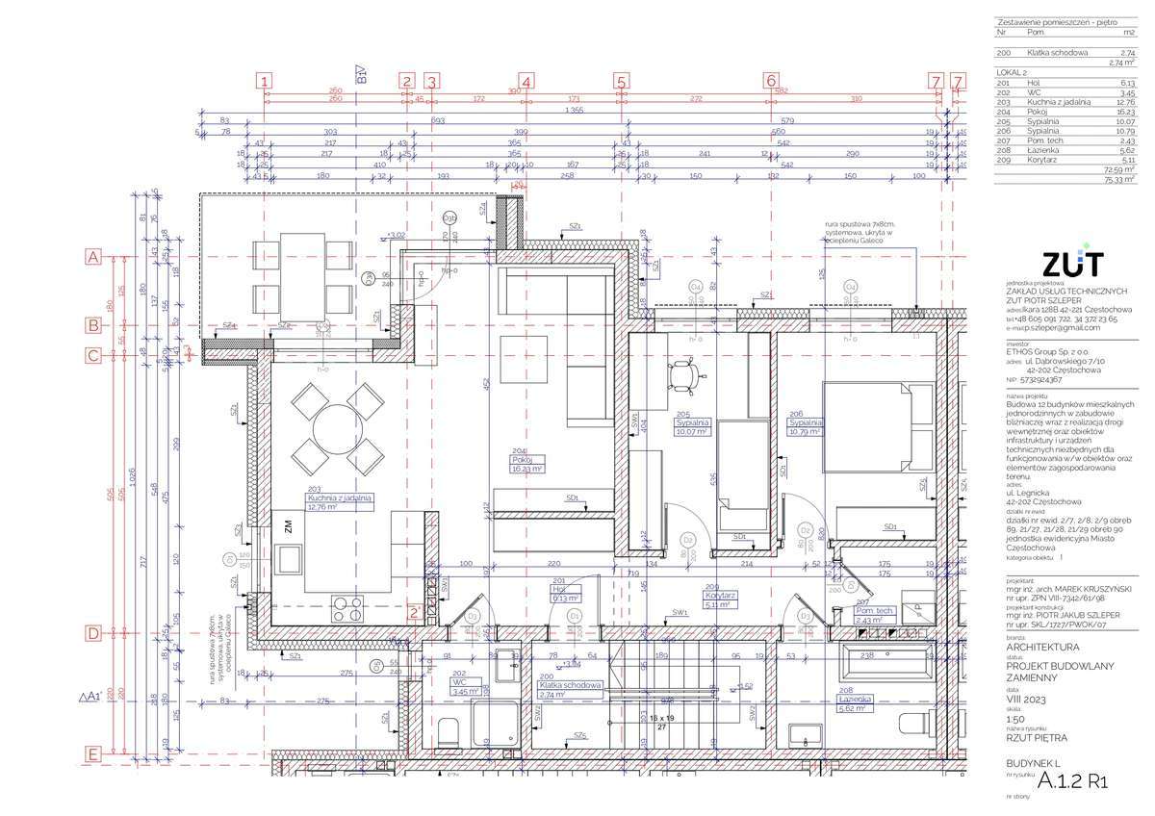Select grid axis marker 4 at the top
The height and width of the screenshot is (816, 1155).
pyautogui.click(x=526, y=82)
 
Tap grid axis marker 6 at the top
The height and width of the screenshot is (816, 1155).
pyautogui.click(x=771, y=82)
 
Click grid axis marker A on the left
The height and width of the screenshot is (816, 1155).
pyautogui.click(x=93, y=257)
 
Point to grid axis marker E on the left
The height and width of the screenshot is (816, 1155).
pyautogui.click(x=93, y=753)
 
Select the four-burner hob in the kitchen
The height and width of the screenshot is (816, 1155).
pyautogui.click(x=347, y=609)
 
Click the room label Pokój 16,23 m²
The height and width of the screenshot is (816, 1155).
pyautogui.click(x=526, y=464)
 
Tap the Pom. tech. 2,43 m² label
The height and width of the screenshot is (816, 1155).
pyautogui.click(x=875, y=616)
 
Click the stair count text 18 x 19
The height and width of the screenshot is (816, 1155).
pyautogui.click(x=661, y=718)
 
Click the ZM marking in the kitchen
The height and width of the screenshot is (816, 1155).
pyautogui.click(x=287, y=525)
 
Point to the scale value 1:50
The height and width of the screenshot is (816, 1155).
pyautogui.click(x=1014, y=719)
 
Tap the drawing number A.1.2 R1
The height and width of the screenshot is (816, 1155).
pyautogui.click(x=1073, y=782)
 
